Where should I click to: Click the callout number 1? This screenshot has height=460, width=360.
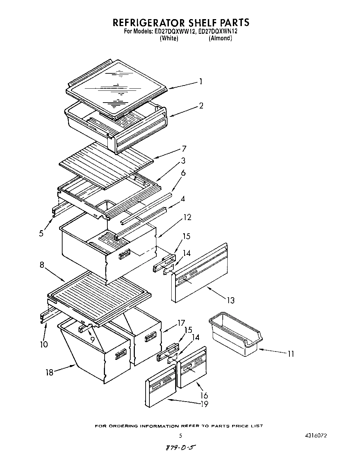tap(201, 82)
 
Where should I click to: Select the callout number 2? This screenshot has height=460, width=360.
tap(201, 105)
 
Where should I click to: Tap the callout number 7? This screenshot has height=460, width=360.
tap(184, 149)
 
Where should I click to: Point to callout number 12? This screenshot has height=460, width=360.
tap(187, 217)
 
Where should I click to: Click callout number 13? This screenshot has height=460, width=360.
tap(230, 300)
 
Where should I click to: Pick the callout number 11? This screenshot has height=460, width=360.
tap(291, 354)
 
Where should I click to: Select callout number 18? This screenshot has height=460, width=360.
tap(49, 372)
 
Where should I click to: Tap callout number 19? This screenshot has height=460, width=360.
tap(204, 404)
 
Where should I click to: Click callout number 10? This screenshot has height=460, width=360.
tap(44, 344)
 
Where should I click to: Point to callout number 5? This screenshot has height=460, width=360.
tap(41, 233)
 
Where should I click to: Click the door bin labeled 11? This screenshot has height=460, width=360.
tap(236, 336)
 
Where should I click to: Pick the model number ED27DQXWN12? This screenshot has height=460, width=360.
tap(218, 31)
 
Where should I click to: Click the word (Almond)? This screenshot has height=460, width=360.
tap(220, 38)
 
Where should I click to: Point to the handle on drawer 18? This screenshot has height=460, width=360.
tap(121, 354)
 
